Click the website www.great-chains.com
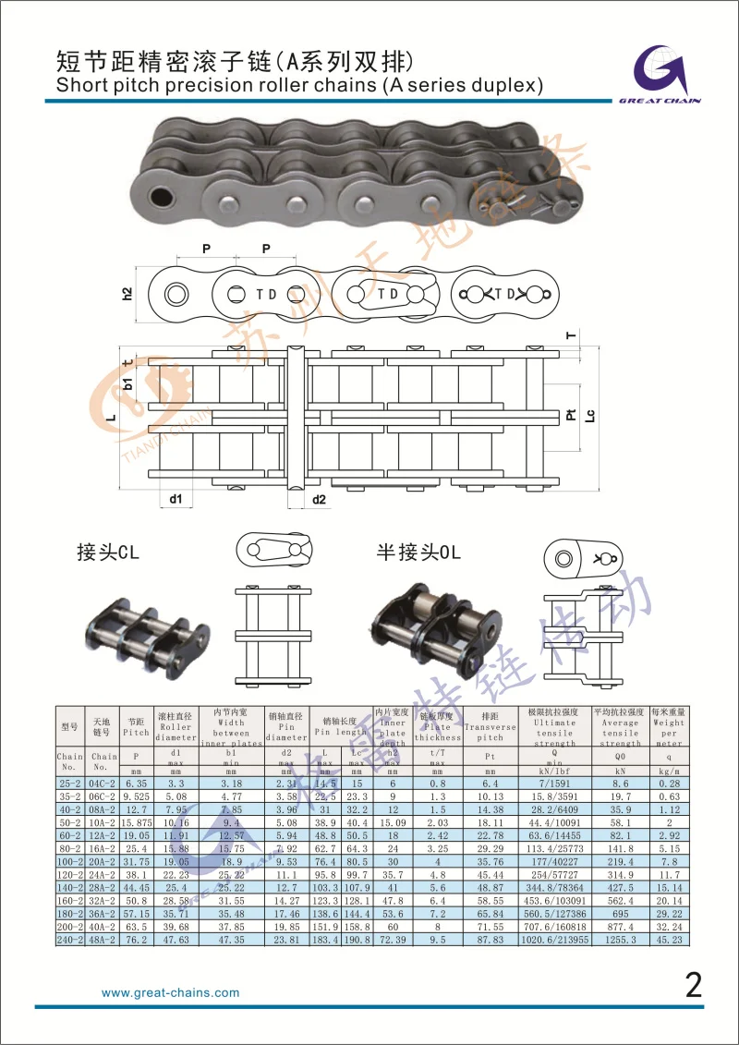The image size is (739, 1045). pos(170,993)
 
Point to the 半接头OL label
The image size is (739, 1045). pos(418,553)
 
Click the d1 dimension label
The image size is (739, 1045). pos(176,500)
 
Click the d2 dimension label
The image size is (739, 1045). pos(319,500)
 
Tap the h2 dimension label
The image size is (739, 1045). pos(127,294)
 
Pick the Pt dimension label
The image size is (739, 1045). pos(570,417)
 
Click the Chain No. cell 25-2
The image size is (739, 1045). pos(69,783)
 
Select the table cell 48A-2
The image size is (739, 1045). pos(102,939)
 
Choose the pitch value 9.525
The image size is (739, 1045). pos(136,796)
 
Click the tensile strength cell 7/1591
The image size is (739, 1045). pos(552,783)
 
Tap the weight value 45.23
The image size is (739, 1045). pos(668,939)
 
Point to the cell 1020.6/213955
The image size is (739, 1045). pos(552,939)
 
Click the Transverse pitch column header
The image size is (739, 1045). pos(490,727)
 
